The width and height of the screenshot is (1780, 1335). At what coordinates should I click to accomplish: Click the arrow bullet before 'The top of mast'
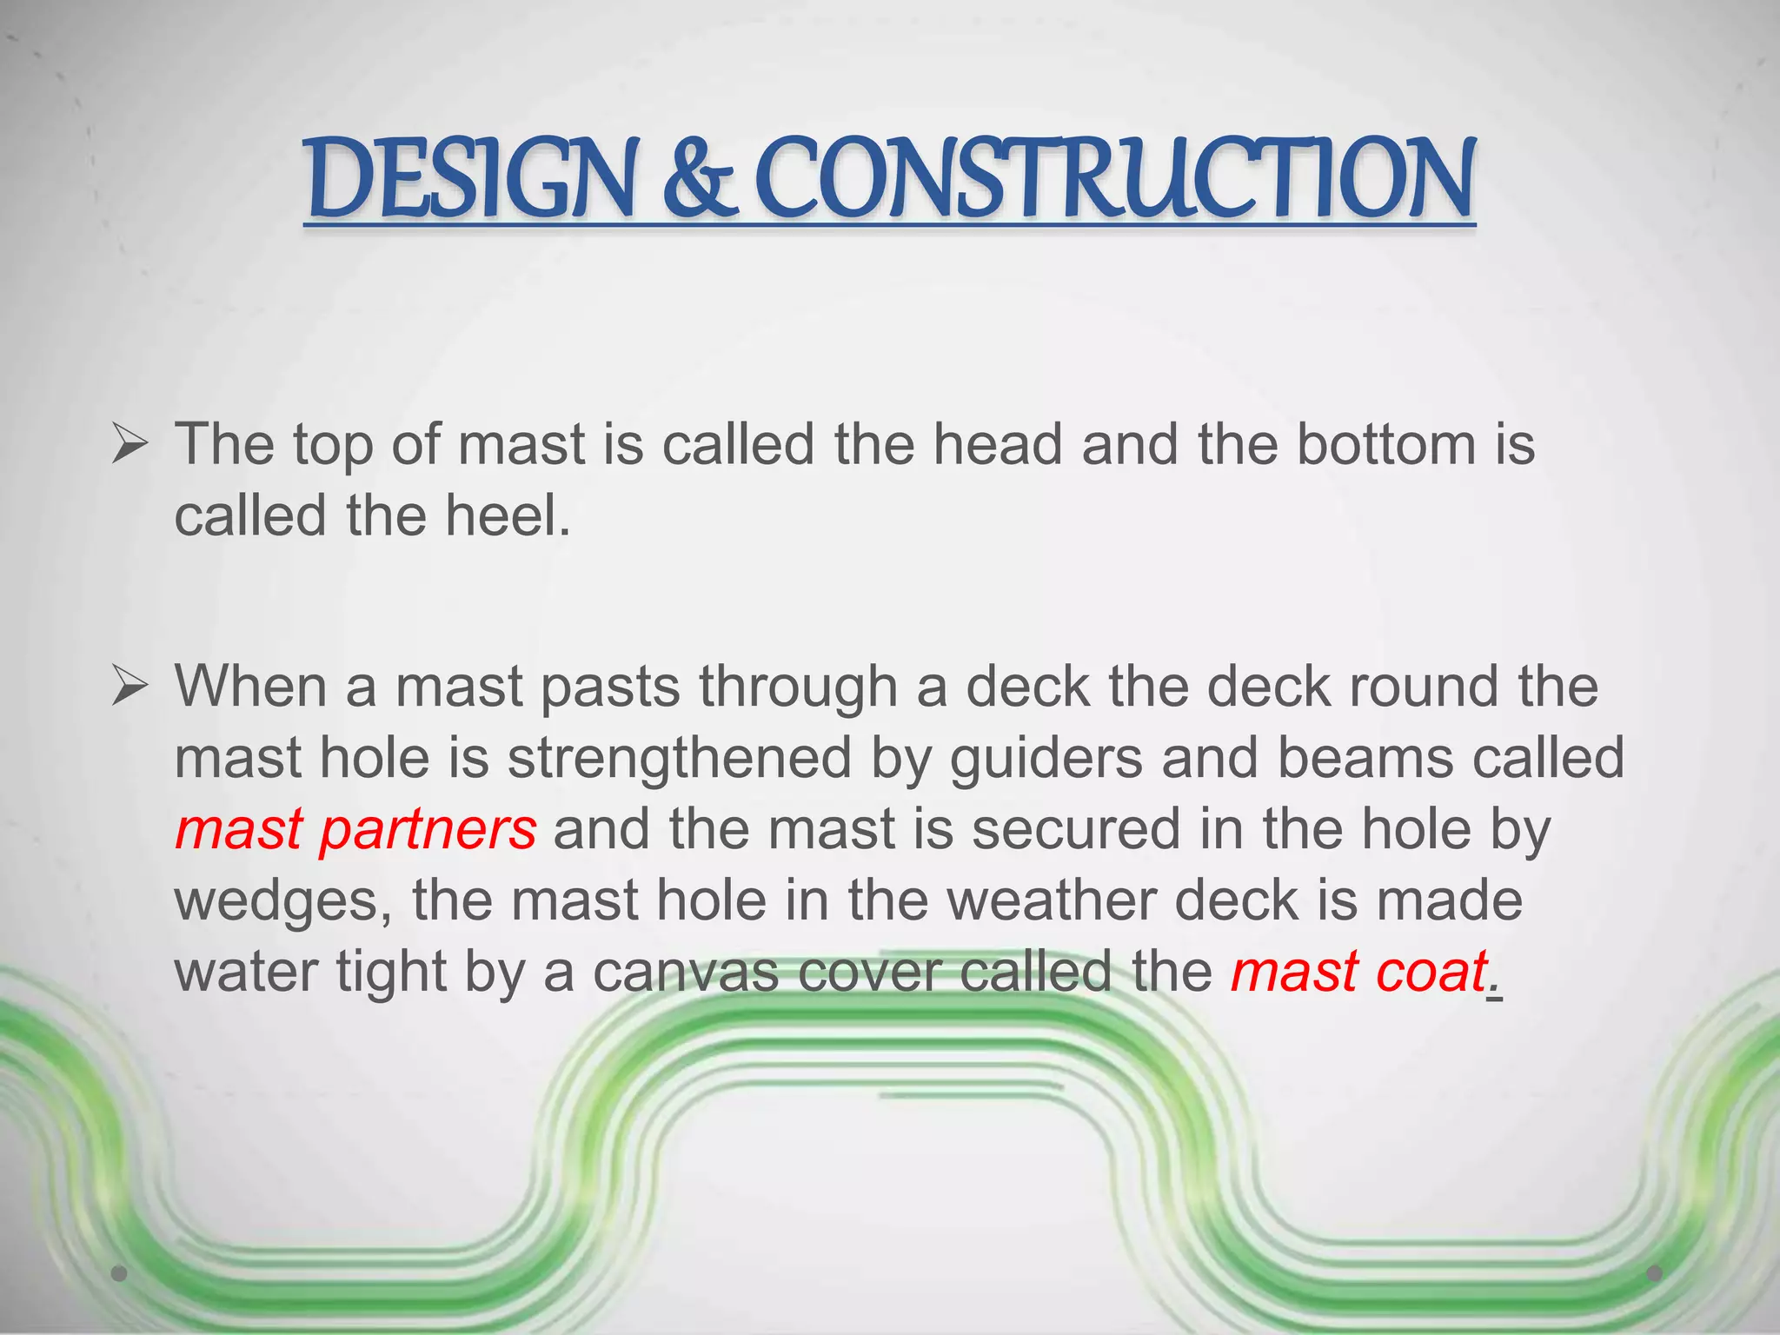(x=130, y=447)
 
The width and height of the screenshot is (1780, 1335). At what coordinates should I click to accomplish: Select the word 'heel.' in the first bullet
(x=508, y=516)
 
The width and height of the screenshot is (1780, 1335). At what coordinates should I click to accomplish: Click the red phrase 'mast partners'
(x=355, y=829)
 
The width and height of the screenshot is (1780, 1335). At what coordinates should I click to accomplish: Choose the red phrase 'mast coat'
(x=1358, y=972)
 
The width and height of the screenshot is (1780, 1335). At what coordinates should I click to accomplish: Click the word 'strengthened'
(x=680, y=758)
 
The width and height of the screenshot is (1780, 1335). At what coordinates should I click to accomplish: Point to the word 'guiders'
(x=1046, y=758)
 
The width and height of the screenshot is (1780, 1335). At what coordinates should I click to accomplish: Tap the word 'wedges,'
(x=283, y=901)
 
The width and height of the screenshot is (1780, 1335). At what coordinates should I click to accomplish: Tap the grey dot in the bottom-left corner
(x=120, y=1273)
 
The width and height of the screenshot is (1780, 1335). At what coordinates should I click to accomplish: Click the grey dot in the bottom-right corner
(x=1655, y=1273)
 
